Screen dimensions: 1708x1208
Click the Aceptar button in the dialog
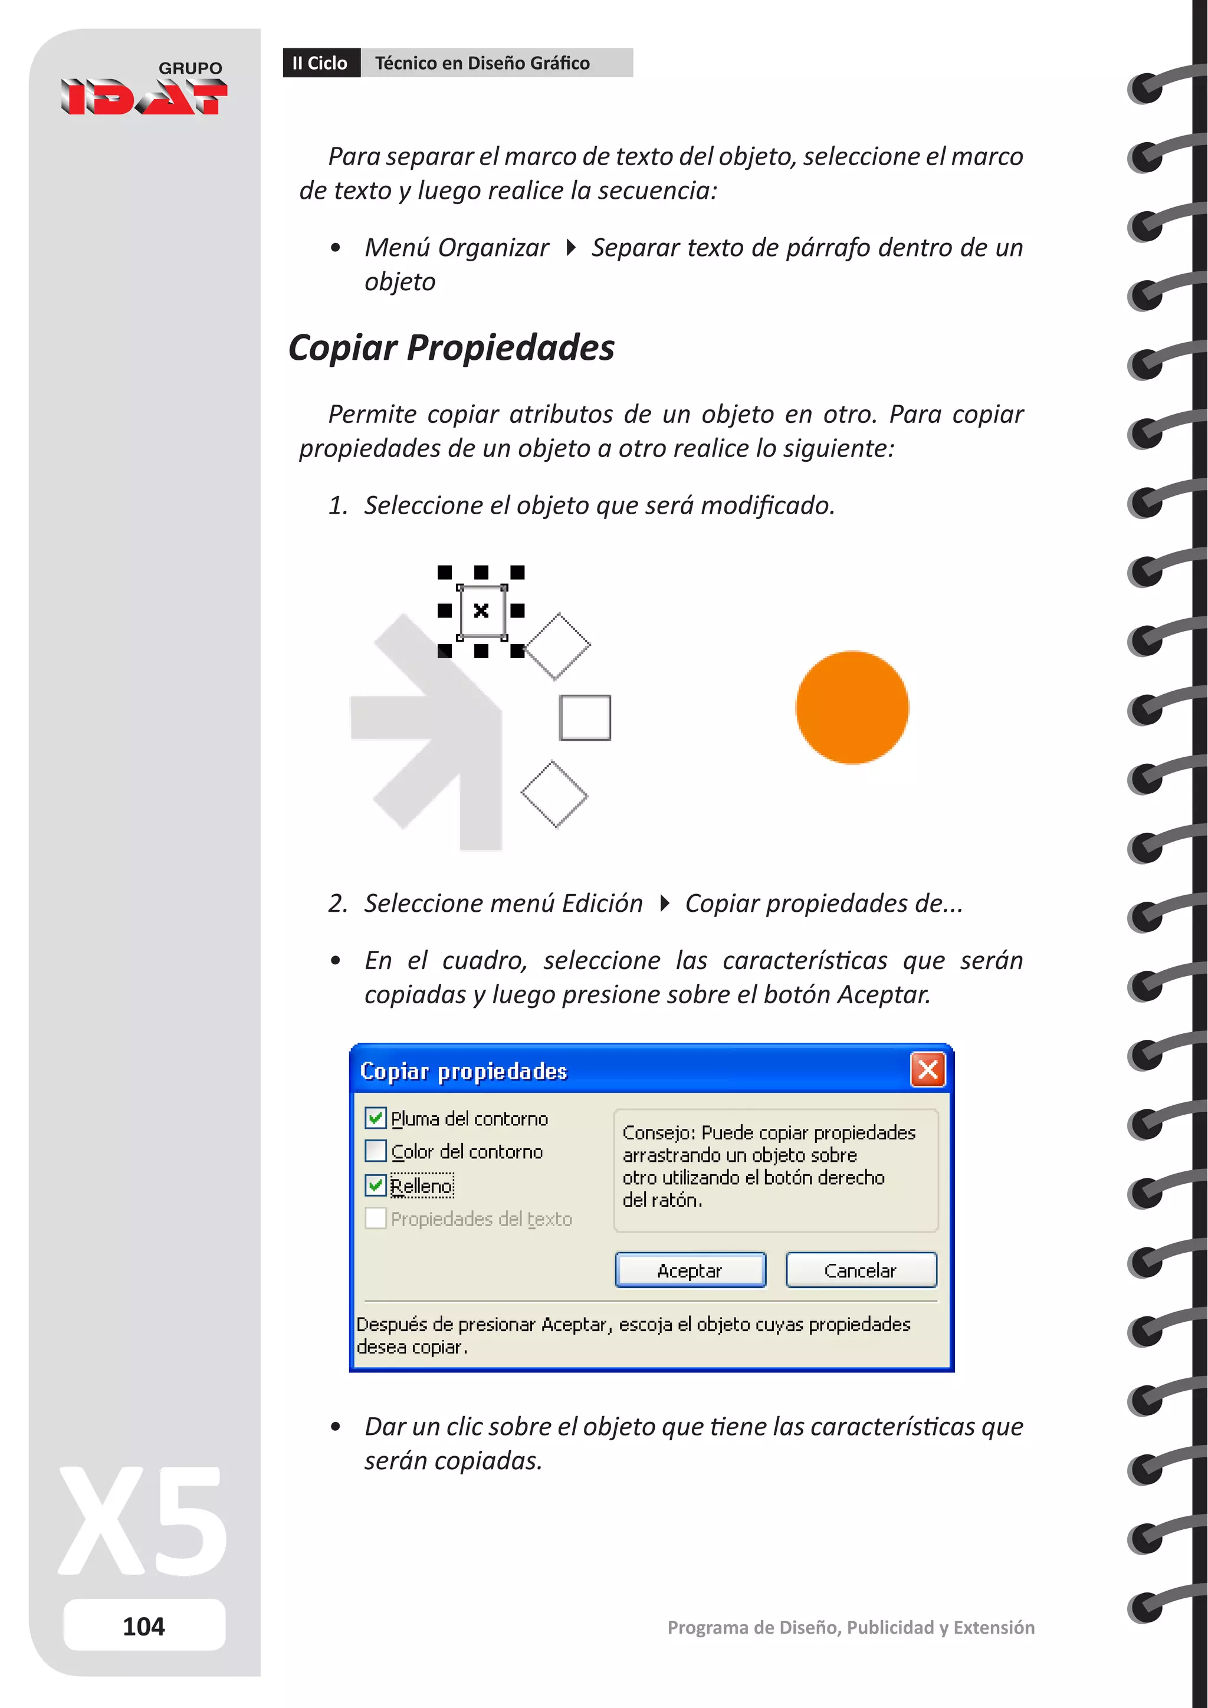point(690,1270)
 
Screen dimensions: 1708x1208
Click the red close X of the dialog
point(928,1070)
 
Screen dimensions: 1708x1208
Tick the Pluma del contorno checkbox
point(376,1118)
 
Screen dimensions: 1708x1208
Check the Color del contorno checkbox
point(376,1152)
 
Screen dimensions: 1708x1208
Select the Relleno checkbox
point(376,1185)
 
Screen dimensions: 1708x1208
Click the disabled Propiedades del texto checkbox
point(376,1218)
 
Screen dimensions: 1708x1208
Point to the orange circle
point(852,708)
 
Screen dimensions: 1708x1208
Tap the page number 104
point(143,1626)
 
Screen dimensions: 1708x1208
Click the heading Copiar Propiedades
point(451,348)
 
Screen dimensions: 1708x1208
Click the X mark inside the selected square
point(481,611)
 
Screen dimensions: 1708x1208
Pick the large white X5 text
point(143,1520)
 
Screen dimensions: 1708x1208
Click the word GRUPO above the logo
point(191,68)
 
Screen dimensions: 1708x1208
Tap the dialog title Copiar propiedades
point(464,1071)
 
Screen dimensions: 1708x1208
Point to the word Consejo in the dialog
point(658,1133)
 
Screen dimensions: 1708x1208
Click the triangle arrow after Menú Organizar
point(570,248)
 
